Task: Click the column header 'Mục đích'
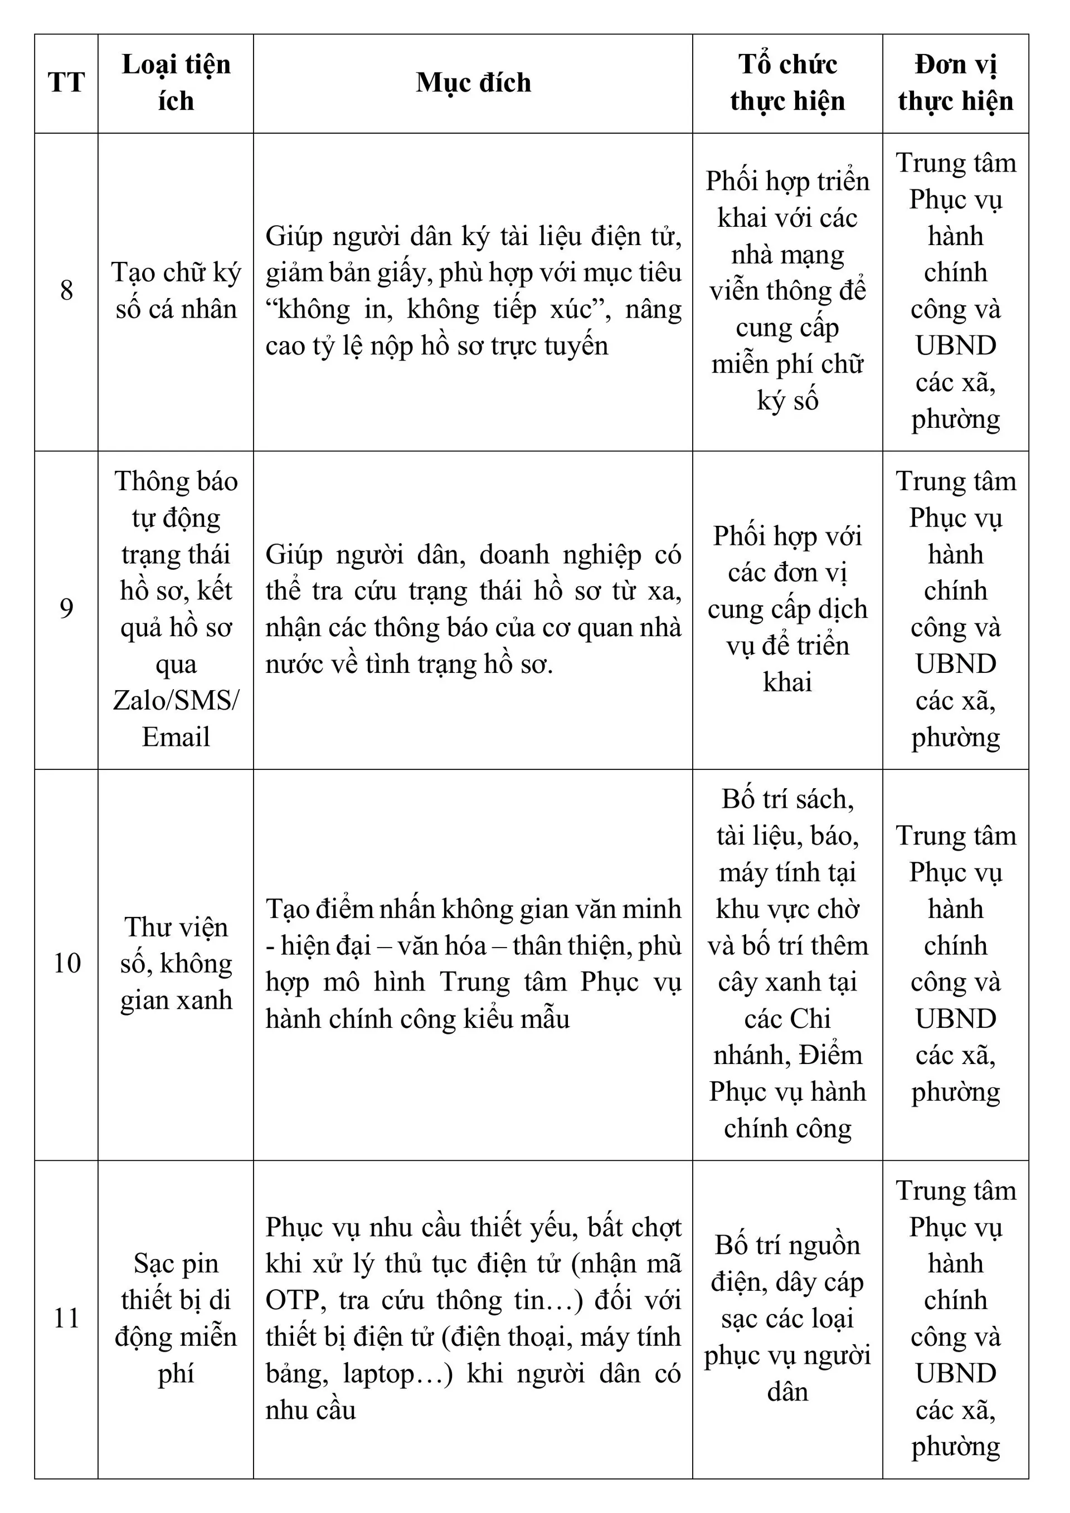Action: [473, 83]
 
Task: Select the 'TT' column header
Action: [66, 83]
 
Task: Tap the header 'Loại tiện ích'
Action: [176, 83]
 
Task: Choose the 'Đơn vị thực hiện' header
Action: [955, 83]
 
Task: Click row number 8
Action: [66, 291]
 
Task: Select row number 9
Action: [66, 609]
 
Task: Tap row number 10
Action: [66, 963]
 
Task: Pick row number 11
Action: [66, 1318]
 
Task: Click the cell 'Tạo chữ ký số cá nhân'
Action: [176, 291]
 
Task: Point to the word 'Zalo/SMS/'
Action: [176, 700]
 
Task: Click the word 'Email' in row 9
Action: [176, 738]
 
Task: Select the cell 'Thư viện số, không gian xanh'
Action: [176, 963]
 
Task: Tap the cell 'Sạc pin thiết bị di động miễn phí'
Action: [176, 1318]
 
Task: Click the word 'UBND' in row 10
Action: [955, 1019]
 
